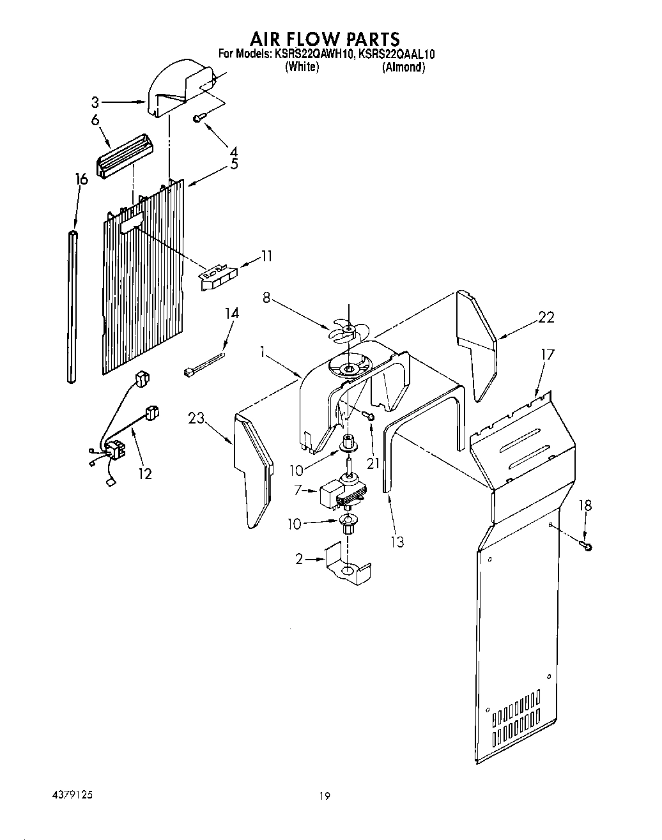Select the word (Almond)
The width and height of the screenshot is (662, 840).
(x=403, y=67)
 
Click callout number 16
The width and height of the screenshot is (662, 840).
(x=81, y=179)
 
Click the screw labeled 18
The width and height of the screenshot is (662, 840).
(x=586, y=545)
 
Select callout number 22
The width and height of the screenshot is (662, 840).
(x=546, y=317)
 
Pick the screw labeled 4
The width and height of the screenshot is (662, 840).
(x=200, y=117)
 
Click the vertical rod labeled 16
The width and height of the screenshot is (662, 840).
(x=72, y=307)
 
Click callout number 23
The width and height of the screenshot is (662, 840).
(x=196, y=418)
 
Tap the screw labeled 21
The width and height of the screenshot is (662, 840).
(x=369, y=416)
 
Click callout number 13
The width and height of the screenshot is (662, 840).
(x=397, y=542)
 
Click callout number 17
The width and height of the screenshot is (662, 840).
(x=548, y=355)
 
